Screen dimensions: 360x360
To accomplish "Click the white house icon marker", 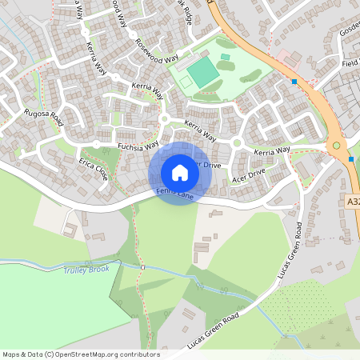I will [x=180, y=173].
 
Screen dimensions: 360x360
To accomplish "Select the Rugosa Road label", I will [x=43, y=118].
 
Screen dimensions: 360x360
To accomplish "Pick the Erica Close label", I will [x=92, y=167].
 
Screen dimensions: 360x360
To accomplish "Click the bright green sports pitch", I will [x=202, y=73].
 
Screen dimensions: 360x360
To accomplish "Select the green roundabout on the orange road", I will [x=336, y=146].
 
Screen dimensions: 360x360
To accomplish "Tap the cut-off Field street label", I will [x=350, y=63].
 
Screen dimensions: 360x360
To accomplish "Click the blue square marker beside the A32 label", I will [x=351, y=158].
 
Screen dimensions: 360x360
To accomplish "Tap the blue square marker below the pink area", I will [x=294, y=81].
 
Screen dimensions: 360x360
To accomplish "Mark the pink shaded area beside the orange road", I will [x=287, y=60].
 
